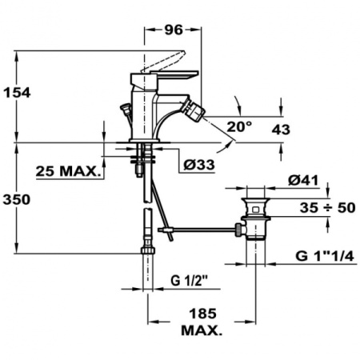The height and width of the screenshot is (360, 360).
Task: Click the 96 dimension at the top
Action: pos(174,30)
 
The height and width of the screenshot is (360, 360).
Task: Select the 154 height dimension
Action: pos(16,93)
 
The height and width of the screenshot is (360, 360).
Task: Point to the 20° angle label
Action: pos(238,126)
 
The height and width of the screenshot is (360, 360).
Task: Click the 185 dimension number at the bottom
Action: pos(200,315)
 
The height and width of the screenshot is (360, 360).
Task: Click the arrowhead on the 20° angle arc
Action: pos(237,99)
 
